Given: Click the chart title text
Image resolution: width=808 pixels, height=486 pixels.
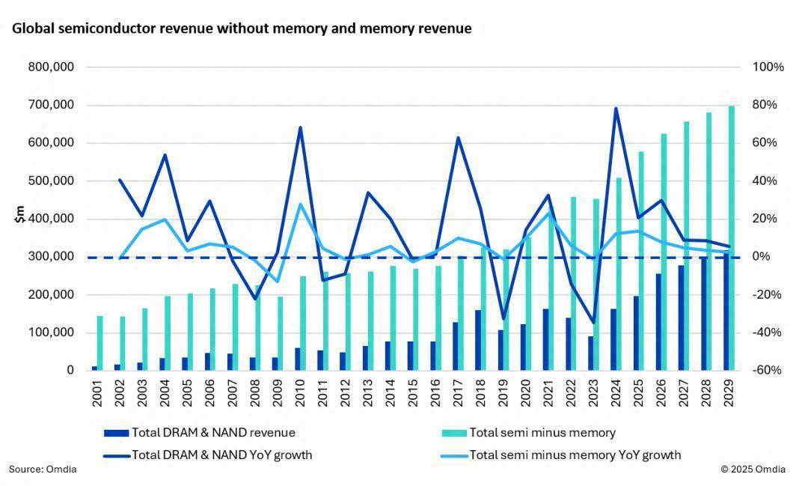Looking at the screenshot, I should (241, 29).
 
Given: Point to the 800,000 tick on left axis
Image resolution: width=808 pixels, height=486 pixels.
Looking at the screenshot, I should (51, 67).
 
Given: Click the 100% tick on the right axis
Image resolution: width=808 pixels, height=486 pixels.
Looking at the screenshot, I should (768, 67).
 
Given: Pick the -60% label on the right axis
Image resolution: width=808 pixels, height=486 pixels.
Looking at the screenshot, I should (768, 371).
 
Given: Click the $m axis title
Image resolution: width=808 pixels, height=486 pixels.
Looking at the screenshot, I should (20, 215).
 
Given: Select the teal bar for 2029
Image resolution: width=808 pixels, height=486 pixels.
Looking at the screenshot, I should (732, 238).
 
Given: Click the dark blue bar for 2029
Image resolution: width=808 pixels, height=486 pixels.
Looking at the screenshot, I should (725, 312).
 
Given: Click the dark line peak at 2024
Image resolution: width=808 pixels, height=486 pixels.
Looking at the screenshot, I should (615, 109).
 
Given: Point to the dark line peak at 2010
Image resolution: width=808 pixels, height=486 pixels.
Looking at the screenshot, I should (299, 127).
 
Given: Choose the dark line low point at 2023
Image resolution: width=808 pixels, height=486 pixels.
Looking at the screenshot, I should (593, 323).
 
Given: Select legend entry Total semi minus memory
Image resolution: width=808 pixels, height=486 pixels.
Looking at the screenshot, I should (542, 433).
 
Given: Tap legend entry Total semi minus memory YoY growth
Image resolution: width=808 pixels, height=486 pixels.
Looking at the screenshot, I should (575, 455).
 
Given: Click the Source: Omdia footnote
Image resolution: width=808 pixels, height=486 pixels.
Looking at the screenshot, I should (43, 470).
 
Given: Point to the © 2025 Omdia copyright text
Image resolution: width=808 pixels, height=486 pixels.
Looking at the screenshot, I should (753, 470).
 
